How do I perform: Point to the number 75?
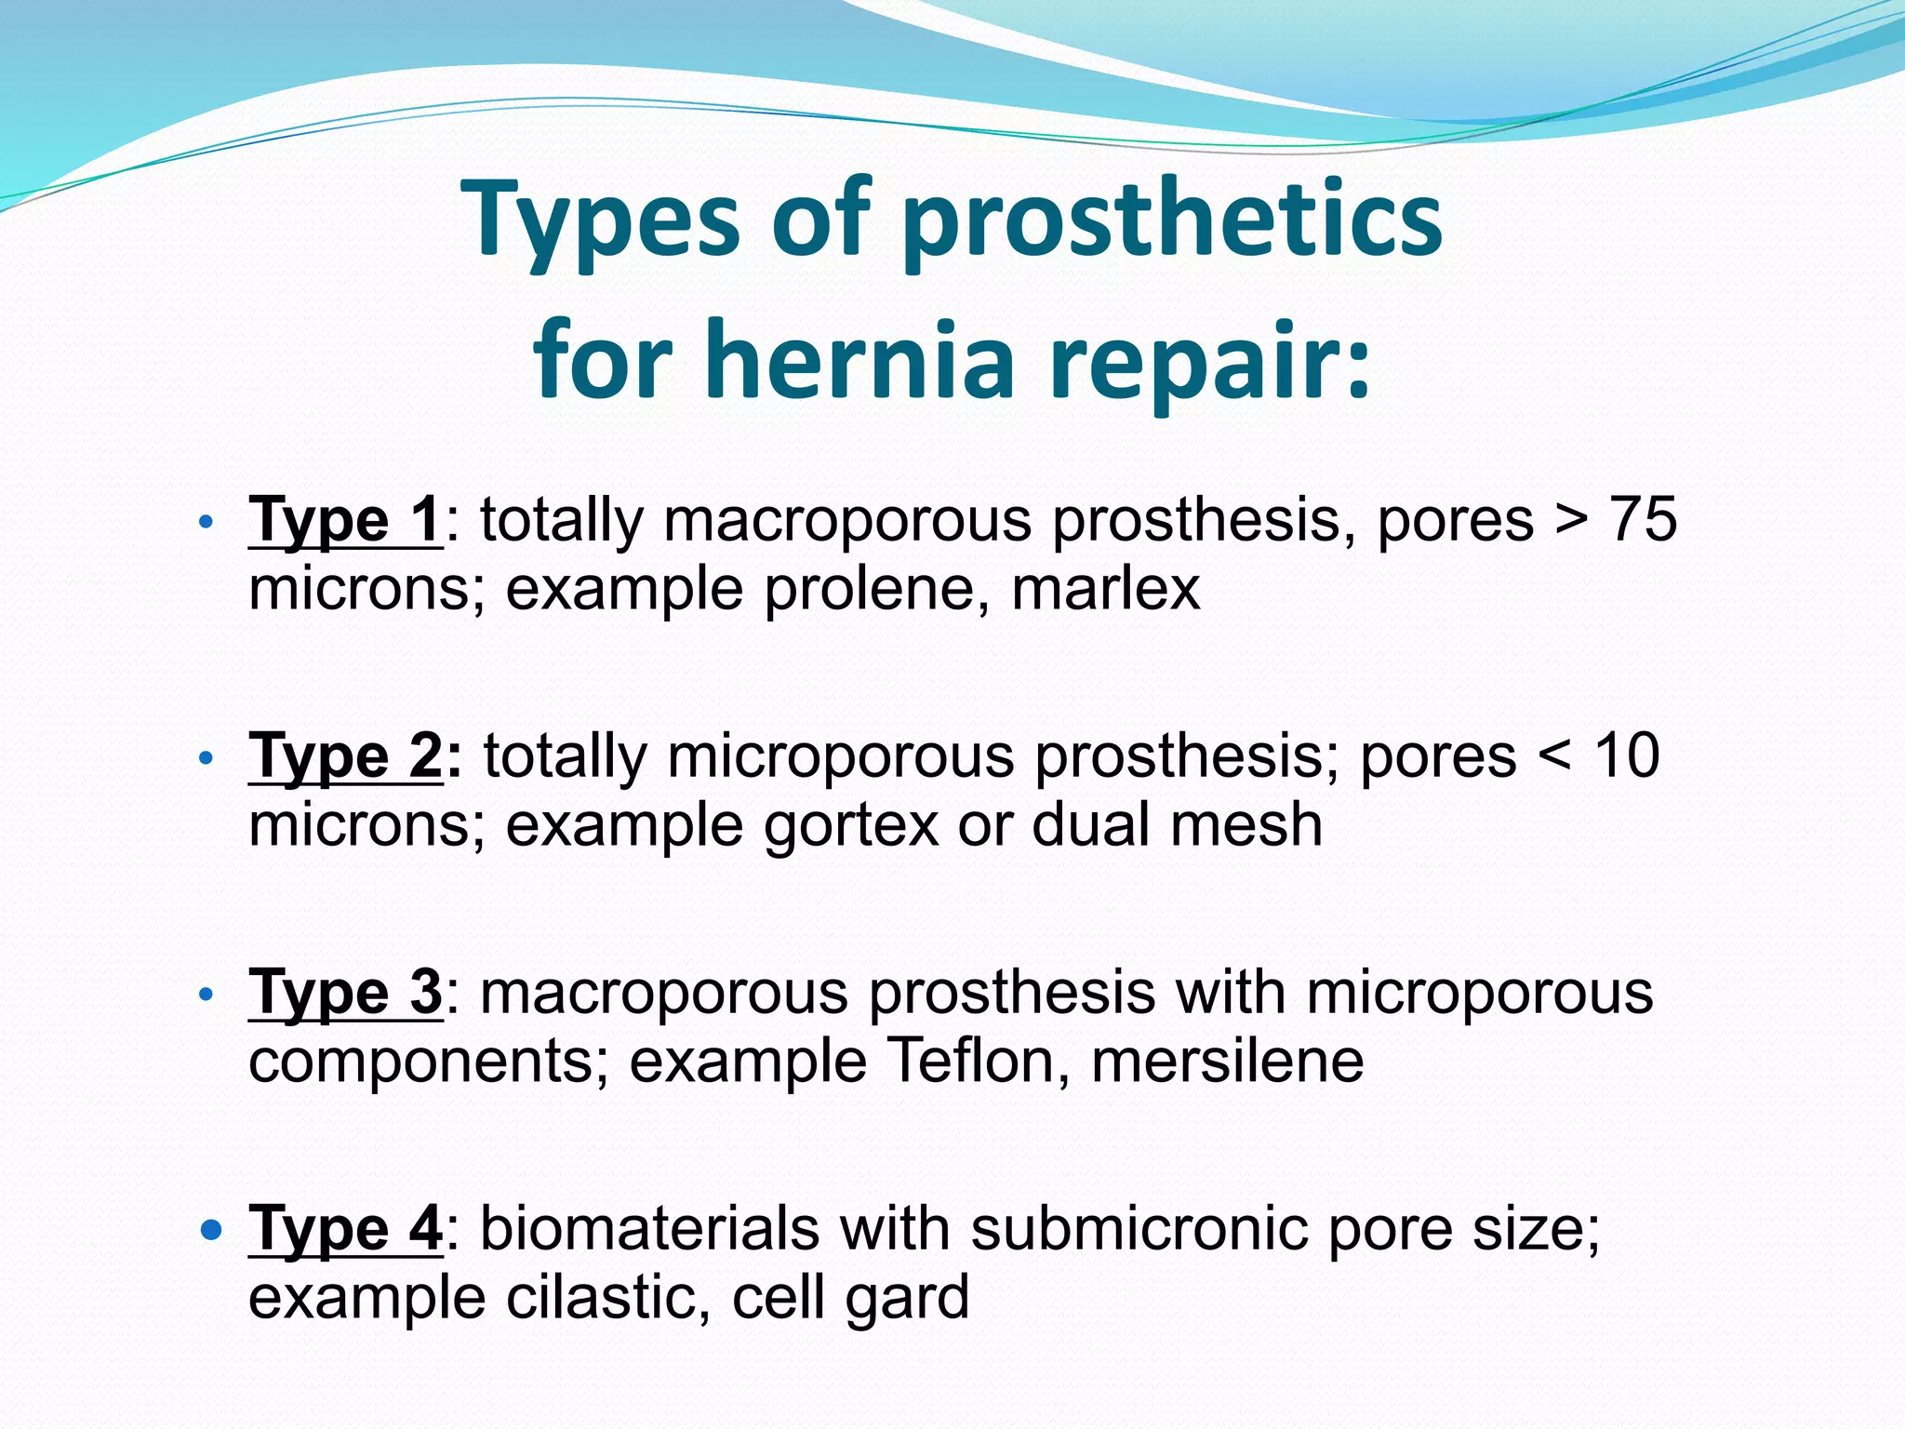(x=1644, y=518)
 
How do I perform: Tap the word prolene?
(x=877, y=589)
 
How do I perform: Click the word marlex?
(x=1106, y=589)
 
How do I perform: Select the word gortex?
(x=851, y=825)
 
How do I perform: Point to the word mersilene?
(x=1227, y=1061)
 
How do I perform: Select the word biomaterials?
(x=650, y=1228)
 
